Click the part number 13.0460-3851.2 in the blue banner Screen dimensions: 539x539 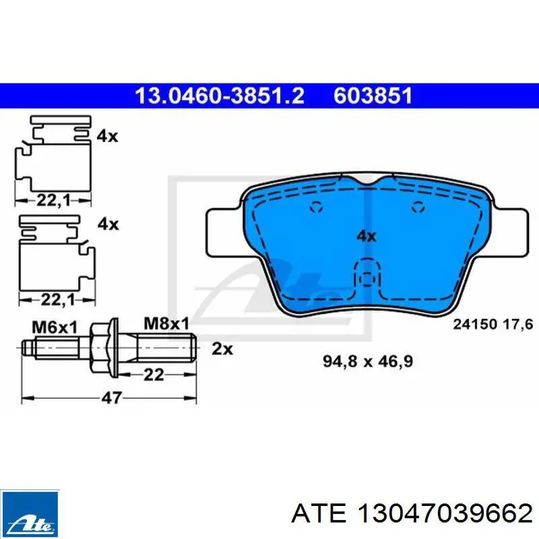220,96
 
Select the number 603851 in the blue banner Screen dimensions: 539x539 373,96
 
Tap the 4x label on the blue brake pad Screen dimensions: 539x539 367,236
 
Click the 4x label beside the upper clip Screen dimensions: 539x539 107,136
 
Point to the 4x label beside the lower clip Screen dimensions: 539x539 108,224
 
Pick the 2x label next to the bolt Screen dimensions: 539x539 222,348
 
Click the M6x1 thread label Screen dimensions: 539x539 55,327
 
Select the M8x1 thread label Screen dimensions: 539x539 166,323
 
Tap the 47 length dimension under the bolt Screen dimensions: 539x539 112,398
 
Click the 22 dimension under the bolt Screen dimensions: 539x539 154,375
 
